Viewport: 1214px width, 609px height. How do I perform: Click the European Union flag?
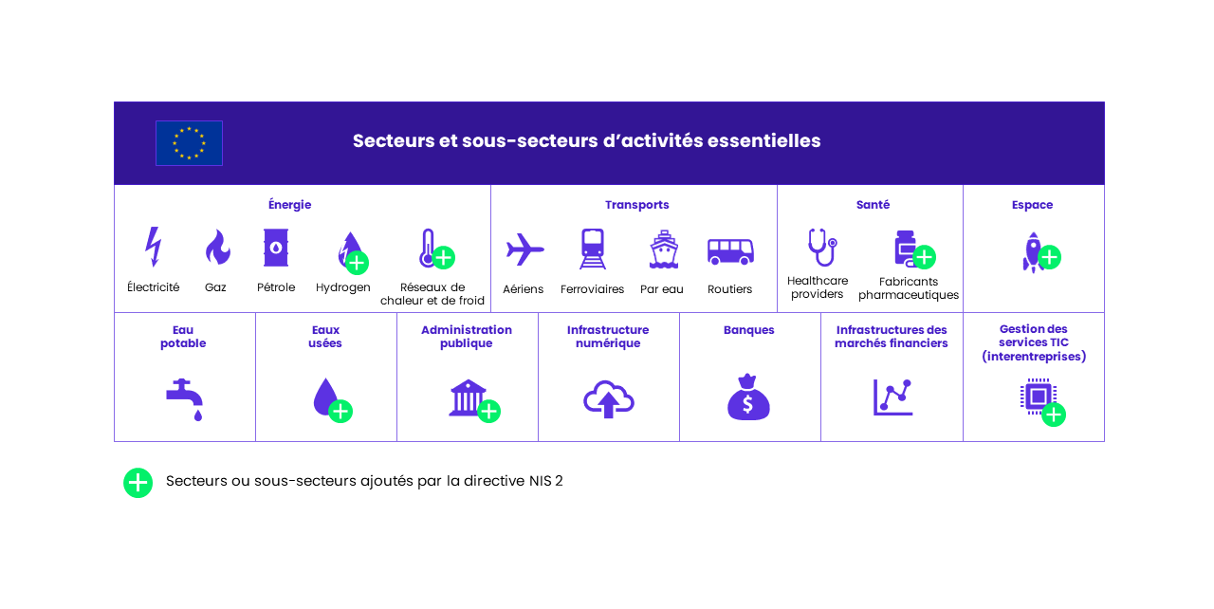coord(189,143)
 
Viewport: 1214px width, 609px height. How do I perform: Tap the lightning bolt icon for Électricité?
coord(154,247)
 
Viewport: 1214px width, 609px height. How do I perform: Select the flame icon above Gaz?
coord(218,247)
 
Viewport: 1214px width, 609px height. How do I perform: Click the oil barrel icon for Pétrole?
coord(276,248)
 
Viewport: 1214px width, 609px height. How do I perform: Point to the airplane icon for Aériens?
coord(524,249)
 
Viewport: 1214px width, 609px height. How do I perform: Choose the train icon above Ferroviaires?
coord(593,249)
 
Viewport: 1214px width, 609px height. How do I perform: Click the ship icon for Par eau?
coord(663,249)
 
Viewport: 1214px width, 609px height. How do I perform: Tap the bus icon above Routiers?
coord(730,251)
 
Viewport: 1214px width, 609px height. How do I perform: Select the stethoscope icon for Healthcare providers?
coord(822,247)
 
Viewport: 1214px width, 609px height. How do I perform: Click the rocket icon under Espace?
coord(1033,252)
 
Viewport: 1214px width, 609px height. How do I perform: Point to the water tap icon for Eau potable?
coord(184,399)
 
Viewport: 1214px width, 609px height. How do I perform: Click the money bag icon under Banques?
coord(748,397)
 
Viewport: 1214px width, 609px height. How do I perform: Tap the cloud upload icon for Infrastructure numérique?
coord(609,399)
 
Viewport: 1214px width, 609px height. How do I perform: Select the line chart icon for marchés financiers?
coord(892,397)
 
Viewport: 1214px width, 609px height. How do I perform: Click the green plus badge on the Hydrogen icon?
coord(357,263)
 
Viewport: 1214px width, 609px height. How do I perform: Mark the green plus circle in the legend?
coord(138,483)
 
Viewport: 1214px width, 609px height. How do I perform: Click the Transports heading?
coord(636,205)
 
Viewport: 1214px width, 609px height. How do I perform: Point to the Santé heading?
coord(873,204)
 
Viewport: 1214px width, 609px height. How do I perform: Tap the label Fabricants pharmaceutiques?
coord(909,288)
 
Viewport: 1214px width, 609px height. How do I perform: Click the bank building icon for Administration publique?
coord(468,397)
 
